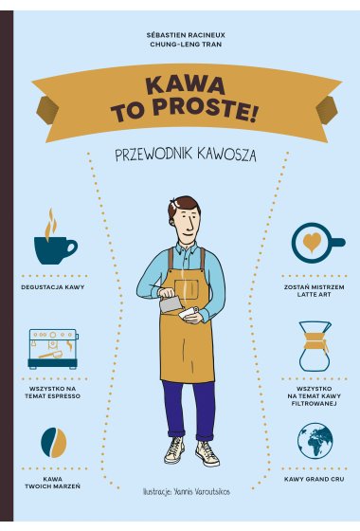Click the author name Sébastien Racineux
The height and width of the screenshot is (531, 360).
pyautogui.click(x=186, y=35)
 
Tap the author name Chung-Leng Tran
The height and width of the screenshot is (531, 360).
pyautogui.click(x=186, y=45)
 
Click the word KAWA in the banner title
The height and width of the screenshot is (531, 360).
pyautogui.click(x=186, y=85)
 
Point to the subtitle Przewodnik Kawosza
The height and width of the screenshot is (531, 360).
pyautogui.click(x=186, y=155)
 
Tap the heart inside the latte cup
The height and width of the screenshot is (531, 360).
pyautogui.click(x=312, y=242)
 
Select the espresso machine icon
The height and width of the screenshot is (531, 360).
pyautogui.click(x=53, y=349)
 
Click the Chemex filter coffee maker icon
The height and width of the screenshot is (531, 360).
pyautogui.click(x=315, y=346)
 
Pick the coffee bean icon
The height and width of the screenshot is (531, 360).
pyautogui.click(x=53, y=443)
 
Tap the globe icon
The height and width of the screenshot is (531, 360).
pyautogui.click(x=315, y=440)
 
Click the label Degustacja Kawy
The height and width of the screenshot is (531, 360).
pyautogui.click(x=53, y=287)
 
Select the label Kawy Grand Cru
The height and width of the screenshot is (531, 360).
pyautogui.click(x=315, y=479)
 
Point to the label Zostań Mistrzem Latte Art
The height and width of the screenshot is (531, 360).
pyautogui.click(x=315, y=291)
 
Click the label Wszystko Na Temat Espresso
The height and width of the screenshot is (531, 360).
pyautogui.click(x=53, y=393)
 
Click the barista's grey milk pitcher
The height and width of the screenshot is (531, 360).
pyautogui.click(x=170, y=302)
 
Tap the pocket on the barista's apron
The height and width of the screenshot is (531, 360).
pyautogui.click(x=187, y=289)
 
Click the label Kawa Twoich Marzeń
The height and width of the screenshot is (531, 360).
pyautogui.click(x=53, y=483)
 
